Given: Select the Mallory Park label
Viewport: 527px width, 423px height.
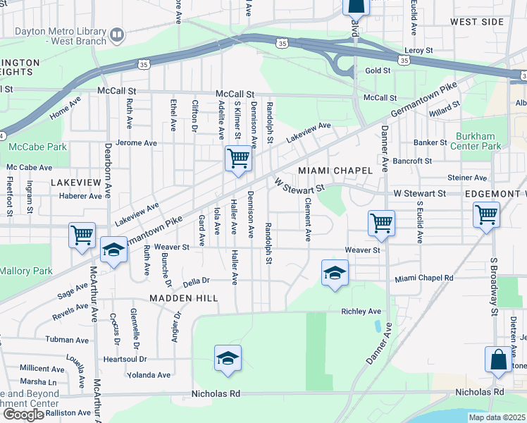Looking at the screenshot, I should (25, 271).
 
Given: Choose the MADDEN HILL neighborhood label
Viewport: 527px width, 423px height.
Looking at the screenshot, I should (183, 298).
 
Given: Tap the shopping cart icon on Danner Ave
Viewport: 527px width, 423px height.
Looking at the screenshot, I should (381, 223).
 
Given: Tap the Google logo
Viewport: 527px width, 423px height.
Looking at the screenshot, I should (23, 415).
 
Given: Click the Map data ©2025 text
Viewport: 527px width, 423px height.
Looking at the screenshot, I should (497, 417).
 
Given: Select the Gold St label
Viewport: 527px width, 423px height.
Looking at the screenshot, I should (378, 71).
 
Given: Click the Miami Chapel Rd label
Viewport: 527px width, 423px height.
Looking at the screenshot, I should (423, 278).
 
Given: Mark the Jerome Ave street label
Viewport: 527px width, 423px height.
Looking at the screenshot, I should (137, 142).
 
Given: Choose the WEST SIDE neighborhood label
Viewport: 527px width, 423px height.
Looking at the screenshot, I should (477, 22).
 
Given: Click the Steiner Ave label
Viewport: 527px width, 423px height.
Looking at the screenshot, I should (467, 178).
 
